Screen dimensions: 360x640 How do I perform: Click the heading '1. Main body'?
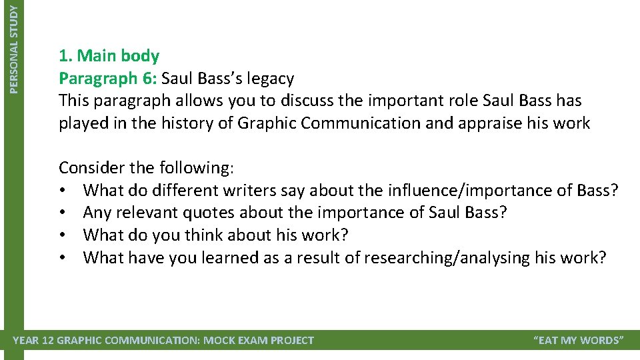[x=109, y=56]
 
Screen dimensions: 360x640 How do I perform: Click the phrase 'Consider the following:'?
[x=146, y=167]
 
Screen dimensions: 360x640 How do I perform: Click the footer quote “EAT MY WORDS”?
[x=579, y=341]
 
